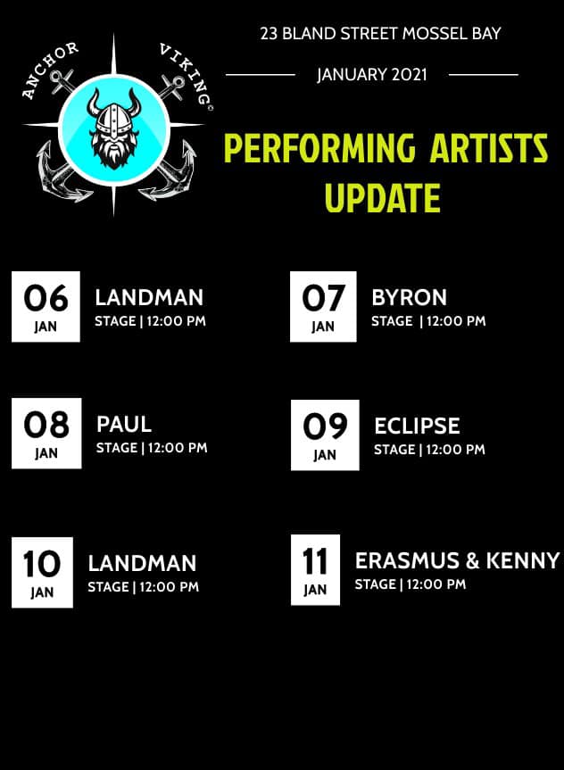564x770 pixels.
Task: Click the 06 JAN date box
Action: (x=46, y=306)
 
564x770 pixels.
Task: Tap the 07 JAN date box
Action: (x=323, y=306)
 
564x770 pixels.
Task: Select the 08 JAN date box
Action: (x=46, y=433)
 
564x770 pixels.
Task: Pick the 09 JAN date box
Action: (x=325, y=435)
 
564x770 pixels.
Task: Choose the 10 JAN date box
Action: (x=42, y=573)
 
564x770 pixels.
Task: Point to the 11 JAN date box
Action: (x=315, y=569)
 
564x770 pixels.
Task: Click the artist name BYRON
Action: (x=410, y=298)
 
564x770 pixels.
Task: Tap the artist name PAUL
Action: (x=124, y=425)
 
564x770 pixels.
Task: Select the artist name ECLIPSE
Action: (x=417, y=426)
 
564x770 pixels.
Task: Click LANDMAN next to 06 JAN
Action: (x=149, y=298)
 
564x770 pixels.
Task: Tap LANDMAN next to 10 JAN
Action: (x=142, y=563)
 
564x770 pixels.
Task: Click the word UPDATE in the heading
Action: (x=383, y=197)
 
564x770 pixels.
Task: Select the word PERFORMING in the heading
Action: (x=319, y=147)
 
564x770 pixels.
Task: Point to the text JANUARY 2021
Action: (x=372, y=75)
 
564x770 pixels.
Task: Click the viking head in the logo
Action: (x=114, y=128)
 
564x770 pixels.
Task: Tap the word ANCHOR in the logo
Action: (x=50, y=69)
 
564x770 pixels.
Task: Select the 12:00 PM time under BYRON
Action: (x=456, y=321)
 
